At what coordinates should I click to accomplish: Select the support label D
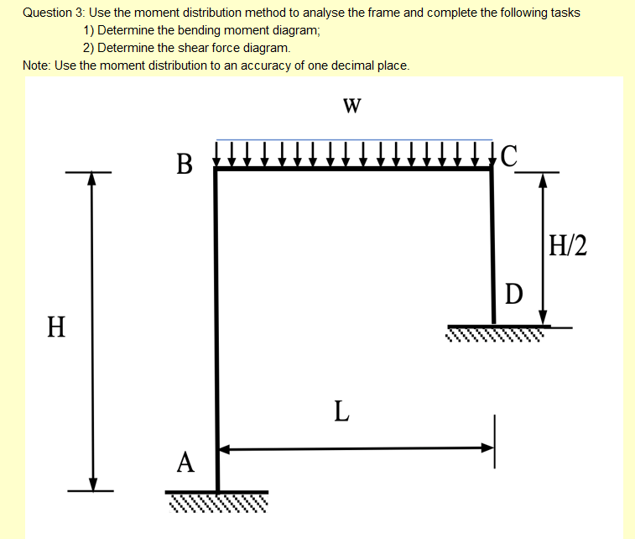point(514,294)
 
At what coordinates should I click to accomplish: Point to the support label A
point(186,461)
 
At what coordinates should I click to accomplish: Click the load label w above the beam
point(352,105)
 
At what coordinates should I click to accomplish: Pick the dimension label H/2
point(567,245)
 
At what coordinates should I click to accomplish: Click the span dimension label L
point(340,411)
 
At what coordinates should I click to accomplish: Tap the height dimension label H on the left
point(56,325)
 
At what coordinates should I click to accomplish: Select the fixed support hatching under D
point(495,334)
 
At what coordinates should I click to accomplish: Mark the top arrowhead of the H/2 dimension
point(543,179)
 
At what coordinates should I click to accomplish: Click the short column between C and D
point(492,243)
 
